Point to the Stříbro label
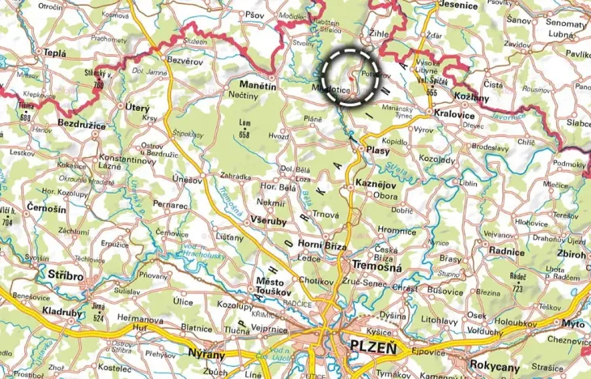[66, 275]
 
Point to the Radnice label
[506, 251]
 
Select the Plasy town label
[378, 151]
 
